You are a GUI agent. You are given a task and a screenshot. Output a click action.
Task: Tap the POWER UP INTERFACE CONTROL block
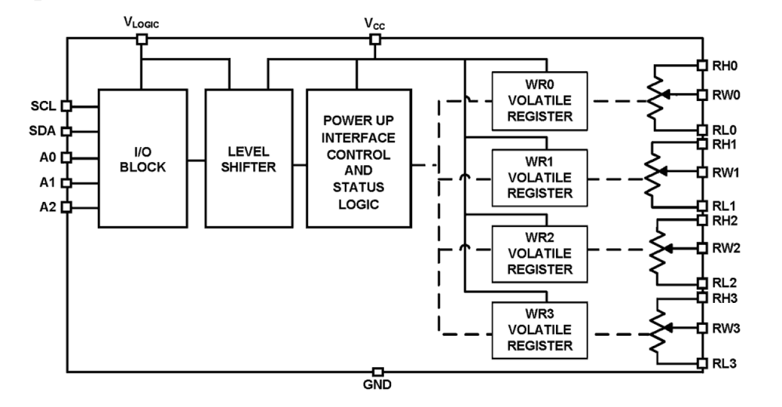(x=358, y=158)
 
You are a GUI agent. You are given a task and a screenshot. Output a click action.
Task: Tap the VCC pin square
(x=375, y=39)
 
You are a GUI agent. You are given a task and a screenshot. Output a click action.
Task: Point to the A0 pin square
(x=67, y=157)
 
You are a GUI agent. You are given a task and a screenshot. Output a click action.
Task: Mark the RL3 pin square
(x=702, y=362)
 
